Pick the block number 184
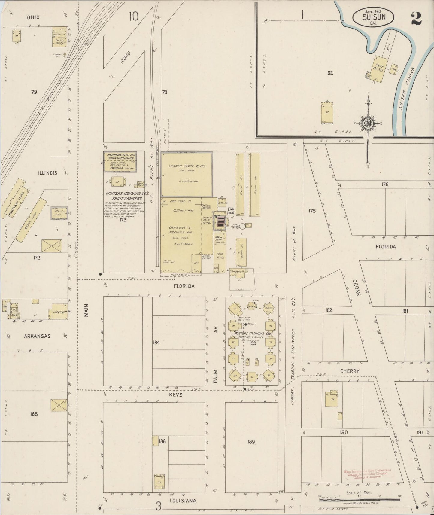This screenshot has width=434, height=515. tap(156, 342)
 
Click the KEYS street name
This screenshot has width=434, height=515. tap(176, 395)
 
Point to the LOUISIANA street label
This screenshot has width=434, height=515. tap(183, 501)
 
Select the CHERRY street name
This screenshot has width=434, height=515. tap(350, 371)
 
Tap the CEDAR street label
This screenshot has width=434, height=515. tap(356, 288)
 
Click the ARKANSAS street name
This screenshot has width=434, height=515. tap(37, 336)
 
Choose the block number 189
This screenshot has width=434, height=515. tap(251, 442)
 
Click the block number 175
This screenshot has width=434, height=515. tap(312, 211)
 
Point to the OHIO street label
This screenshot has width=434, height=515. tap(33, 17)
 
